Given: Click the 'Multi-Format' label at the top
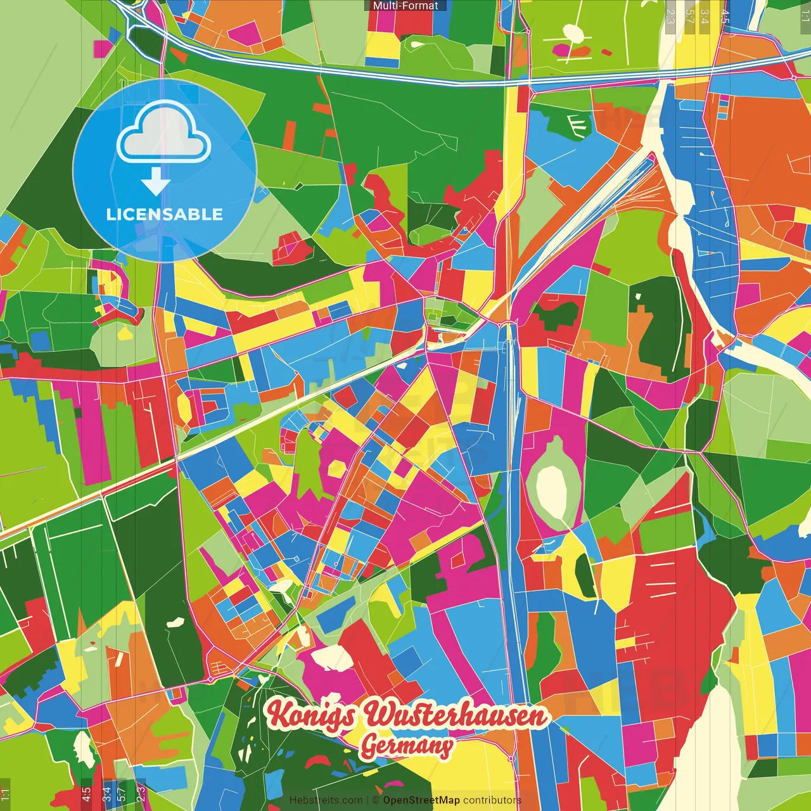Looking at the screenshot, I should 405,6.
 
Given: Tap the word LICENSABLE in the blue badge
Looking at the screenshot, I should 164,214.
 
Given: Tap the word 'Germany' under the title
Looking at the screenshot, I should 407,746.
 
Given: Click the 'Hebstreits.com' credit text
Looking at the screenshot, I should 326,800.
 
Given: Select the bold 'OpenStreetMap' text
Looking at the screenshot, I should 421,800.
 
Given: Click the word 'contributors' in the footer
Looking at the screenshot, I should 492,800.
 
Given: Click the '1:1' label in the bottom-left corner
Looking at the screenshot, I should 6,795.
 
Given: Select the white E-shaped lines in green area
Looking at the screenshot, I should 577,124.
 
